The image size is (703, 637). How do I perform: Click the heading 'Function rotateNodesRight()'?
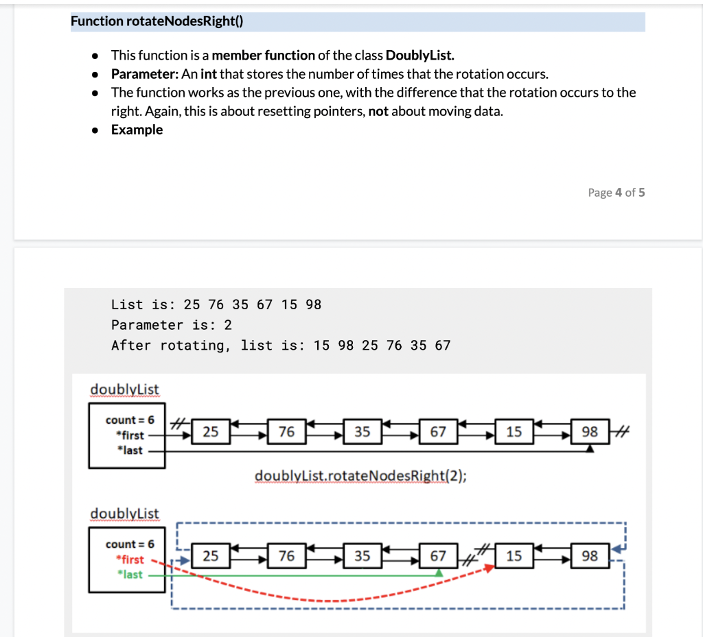click(157, 21)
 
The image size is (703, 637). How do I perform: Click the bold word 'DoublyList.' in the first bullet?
click(420, 56)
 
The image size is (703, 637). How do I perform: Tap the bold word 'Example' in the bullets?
click(137, 130)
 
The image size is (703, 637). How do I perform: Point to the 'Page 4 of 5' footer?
click(616, 193)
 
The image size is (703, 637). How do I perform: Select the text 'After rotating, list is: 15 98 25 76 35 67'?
click(281, 346)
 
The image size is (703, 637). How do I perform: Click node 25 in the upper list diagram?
click(211, 431)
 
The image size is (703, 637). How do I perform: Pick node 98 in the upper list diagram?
click(589, 431)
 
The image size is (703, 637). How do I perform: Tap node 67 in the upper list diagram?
click(438, 431)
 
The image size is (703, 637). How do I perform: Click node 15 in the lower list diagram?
click(514, 556)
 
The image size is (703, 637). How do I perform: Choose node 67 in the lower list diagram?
click(438, 556)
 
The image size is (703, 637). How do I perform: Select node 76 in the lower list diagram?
click(286, 556)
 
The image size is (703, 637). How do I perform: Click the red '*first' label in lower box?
click(130, 560)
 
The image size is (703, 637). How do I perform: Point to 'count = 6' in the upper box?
click(130, 420)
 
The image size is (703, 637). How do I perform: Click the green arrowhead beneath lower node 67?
click(439, 571)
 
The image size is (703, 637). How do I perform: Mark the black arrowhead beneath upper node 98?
click(589, 448)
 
